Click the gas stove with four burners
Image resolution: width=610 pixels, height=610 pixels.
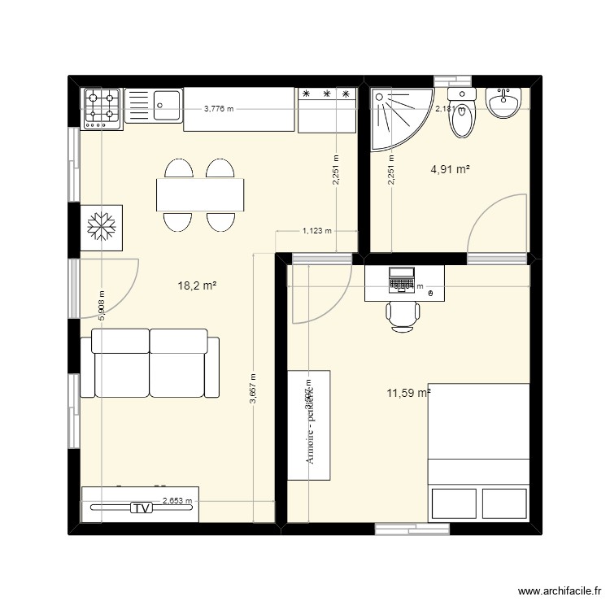coord(102,108)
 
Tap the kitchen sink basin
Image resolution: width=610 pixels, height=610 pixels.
coord(168,102)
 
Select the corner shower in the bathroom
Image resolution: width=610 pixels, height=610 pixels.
coord(395,115)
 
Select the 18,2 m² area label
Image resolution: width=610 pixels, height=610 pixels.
coord(196,285)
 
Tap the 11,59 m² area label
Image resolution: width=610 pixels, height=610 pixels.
coord(408,393)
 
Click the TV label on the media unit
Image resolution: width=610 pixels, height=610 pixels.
coord(142,508)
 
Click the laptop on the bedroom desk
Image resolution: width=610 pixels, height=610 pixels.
coord(402,279)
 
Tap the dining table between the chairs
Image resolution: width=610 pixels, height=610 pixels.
coord(200,194)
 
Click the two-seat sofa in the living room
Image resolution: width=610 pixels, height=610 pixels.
coord(150,364)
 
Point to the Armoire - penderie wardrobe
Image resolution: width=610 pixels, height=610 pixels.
coord(309,425)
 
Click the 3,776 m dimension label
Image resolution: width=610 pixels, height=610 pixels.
coord(218,108)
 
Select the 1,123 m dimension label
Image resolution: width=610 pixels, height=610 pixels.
coord(317,231)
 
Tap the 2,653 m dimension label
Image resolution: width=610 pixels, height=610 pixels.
coord(177,502)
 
